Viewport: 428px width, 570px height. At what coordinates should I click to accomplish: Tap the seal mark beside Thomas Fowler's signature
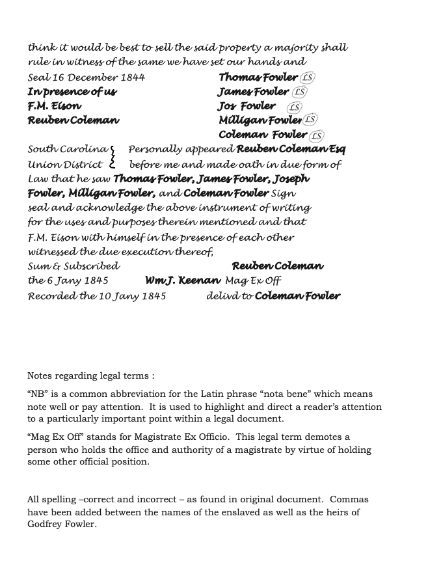(308, 77)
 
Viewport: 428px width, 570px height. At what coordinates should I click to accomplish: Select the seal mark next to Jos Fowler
(294, 107)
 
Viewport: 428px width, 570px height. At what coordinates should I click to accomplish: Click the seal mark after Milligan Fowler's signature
(310, 120)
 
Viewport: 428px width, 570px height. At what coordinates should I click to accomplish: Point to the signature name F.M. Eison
(55, 106)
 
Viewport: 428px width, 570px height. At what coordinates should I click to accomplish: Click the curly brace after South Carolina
(113, 157)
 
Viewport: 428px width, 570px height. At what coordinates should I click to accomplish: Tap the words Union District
(65, 165)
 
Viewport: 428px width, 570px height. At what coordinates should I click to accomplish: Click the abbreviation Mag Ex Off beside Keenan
(253, 281)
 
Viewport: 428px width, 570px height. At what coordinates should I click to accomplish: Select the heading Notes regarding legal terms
(91, 375)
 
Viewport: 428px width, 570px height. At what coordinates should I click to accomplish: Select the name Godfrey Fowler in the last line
(62, 524)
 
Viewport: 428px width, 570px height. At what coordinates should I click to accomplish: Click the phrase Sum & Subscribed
(74, 266)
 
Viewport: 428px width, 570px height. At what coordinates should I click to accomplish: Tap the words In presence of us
(72, 92)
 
